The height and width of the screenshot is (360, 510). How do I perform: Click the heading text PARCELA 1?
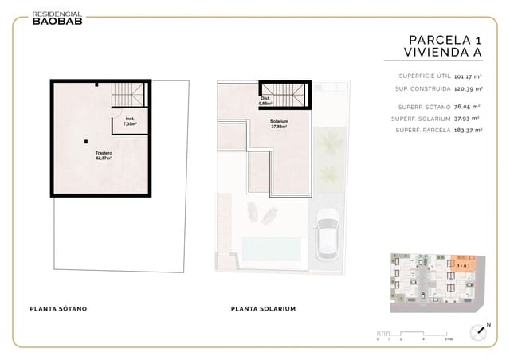pos(445,40)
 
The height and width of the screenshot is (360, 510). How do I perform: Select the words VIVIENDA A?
pos(433,53)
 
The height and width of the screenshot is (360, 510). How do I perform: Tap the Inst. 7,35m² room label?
pos(129,122)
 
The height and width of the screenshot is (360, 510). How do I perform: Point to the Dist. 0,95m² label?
pos(266,101)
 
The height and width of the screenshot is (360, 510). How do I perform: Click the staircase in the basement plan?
pos(129,94)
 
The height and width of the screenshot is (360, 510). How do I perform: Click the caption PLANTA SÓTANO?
pos(58,308)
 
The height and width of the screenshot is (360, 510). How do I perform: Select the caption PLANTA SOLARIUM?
pos(263,308)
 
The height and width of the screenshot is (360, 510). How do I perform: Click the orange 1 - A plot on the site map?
pos(464,264)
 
